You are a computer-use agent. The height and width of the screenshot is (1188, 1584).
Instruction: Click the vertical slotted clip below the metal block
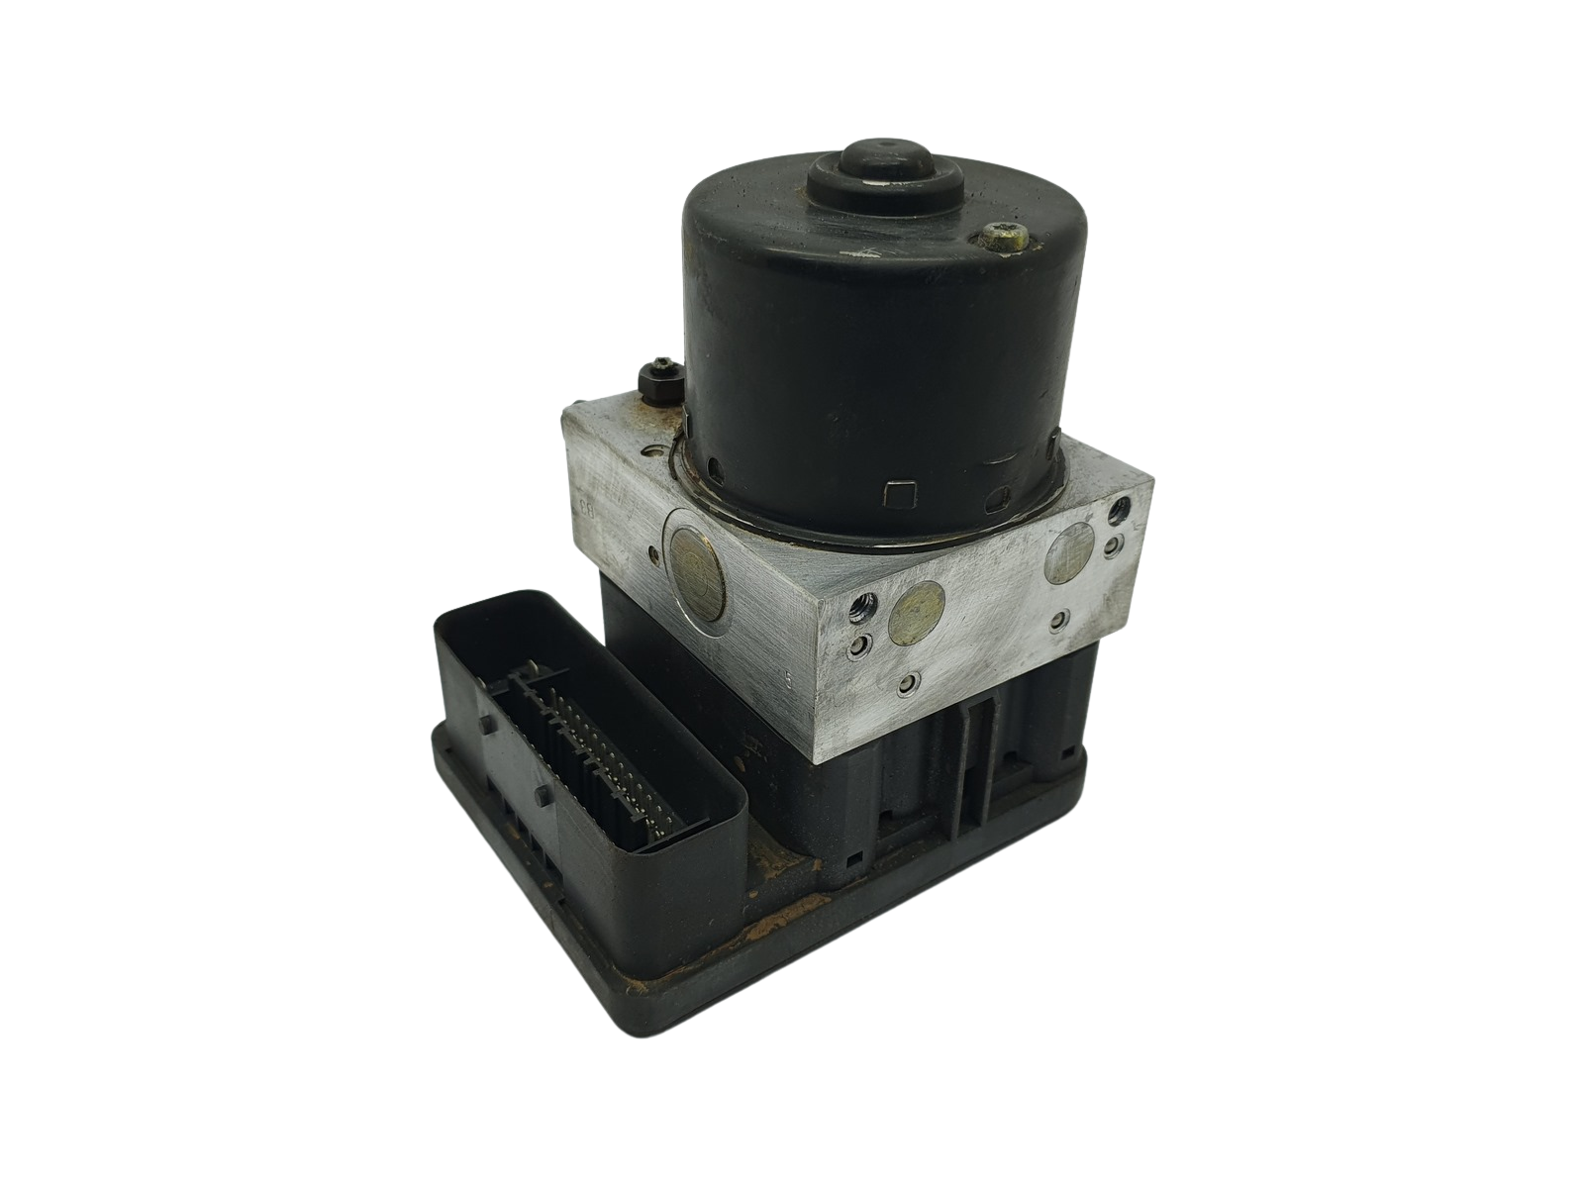click(981, 752)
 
